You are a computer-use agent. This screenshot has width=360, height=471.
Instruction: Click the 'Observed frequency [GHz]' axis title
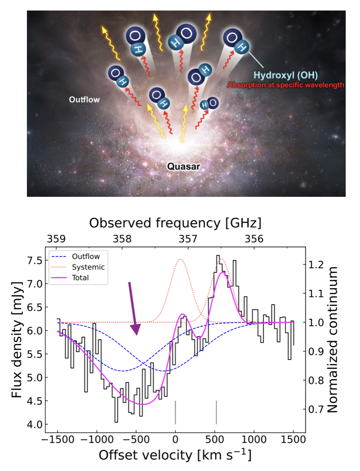(175, 222)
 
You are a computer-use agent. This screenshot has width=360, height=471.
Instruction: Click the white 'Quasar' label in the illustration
(183, 167)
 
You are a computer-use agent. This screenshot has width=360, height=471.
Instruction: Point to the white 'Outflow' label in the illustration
(85, 100)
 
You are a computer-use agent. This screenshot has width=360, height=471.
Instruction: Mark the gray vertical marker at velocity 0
(175, 412)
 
